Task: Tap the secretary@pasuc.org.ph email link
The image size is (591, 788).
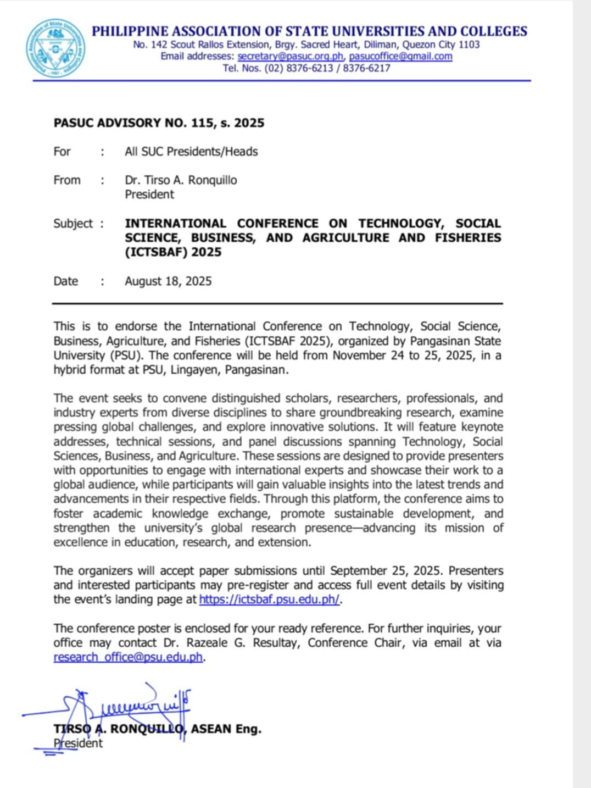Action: click(x=291, y=56)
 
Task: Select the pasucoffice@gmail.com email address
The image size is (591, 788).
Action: click(x=400, y=56)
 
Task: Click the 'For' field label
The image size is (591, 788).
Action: click(x=62, y=151)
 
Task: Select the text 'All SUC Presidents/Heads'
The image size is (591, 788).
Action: click(x=191, y=151)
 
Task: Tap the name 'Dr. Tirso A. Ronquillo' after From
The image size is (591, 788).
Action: click(x=181, y=180)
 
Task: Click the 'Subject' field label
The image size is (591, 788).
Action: click(x=73, y=223)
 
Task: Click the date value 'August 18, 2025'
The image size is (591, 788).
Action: click(x=168, y=281)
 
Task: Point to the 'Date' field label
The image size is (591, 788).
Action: click(x=66, y=281)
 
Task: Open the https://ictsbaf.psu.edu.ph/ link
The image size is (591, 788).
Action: click(x=269, y=600)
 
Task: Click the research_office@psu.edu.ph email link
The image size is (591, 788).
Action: click(x=128, y=657)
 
